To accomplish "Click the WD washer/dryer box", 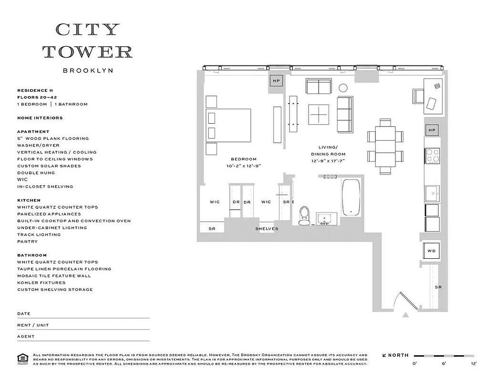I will click(x=431, y=251).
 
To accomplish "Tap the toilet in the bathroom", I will click(x=304, y=216).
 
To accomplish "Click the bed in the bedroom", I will click(x=228, y=126).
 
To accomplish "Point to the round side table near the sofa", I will click(x=343, y=88).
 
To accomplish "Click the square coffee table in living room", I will click(x=319, y=115).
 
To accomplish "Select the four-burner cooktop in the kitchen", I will click(x=432, y=156).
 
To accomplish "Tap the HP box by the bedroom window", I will click(x=276, y=81).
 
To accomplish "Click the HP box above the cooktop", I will click(x=432, y=130).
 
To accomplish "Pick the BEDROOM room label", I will click(x=244, y=159).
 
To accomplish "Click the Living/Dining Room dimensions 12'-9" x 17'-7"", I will click(x=328, y=161).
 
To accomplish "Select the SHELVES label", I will click(x=267, y=229).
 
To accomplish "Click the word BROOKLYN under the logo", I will click(x=88, y=70).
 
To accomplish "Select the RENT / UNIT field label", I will click(x=33, y=325).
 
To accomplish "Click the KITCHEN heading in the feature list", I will click(x=29, y=200).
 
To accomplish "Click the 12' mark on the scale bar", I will click(x=473, y=363).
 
